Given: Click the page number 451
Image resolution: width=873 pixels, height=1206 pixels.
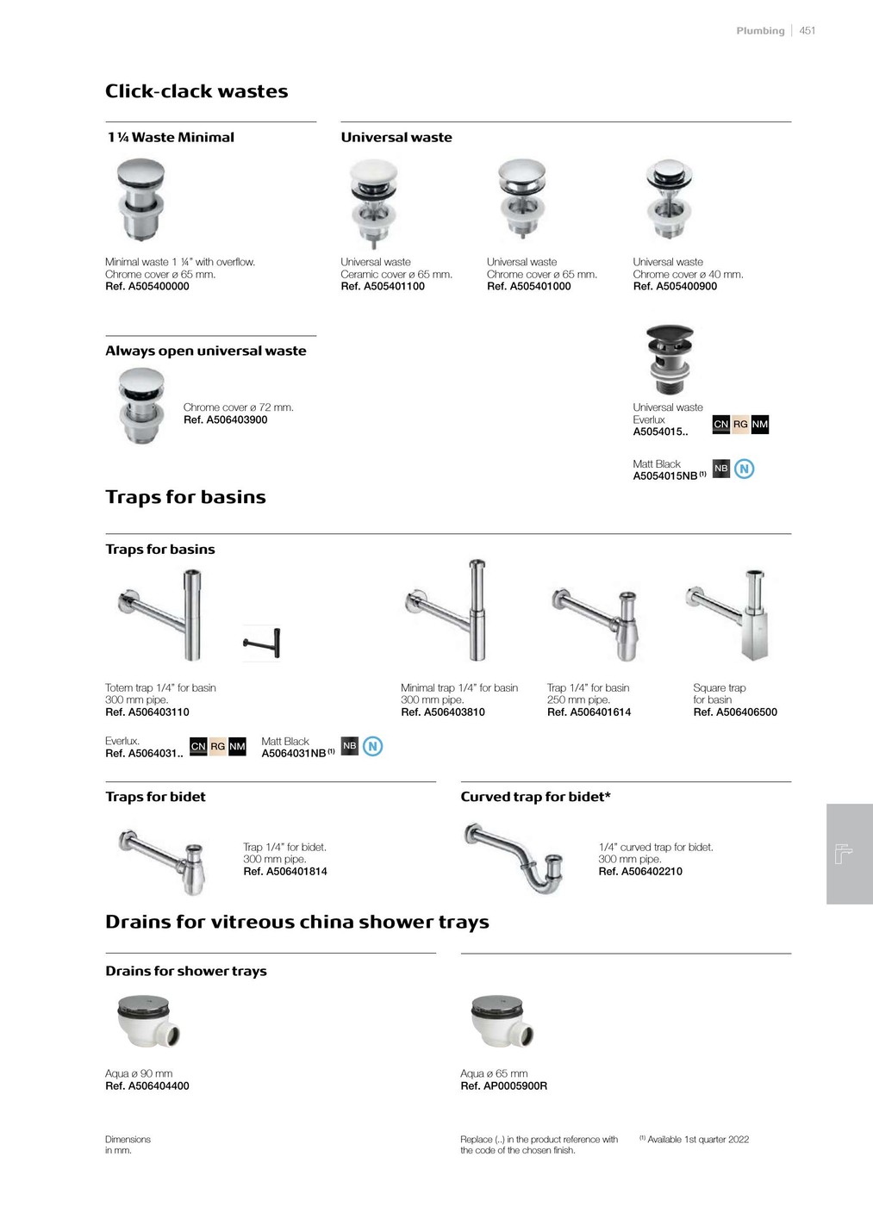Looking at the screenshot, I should pyautogui.click(x=808, y=30).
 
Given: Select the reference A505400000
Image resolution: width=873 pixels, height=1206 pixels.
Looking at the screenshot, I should pyautogui.click(x=147, y=287).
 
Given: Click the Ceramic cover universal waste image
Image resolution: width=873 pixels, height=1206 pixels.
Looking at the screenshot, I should pyautogui.click(x=374, y=204).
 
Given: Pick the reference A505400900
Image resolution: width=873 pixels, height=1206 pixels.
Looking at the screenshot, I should pyautogui.click(x=675, y=287).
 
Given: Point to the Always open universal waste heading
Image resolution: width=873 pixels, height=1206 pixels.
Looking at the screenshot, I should pyautogui.click(x=206, y=351).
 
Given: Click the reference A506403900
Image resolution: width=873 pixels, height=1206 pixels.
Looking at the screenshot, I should pyautogui.click(x=225, y=420).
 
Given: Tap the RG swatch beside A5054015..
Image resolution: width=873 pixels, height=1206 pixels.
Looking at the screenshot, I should pyautogui.click(x=740, y=424).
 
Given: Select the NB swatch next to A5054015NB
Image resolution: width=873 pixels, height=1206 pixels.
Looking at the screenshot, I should pyautogui.click(x=721, y=469).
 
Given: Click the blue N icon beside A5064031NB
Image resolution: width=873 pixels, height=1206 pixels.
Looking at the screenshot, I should pyautogui.click(x=372, y=746).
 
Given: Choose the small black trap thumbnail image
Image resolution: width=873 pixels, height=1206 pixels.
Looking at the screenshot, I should pyautogui.click(x=262, y=643).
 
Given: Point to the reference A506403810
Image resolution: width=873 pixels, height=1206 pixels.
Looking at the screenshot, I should pyautogui.click(x=443, y=712).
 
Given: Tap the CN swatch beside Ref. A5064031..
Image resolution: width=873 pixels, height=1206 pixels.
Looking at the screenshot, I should pyautogui.click(x=198, y=746).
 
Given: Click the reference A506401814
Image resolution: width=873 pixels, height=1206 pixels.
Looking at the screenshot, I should pyautogui.click(x=285, y=872).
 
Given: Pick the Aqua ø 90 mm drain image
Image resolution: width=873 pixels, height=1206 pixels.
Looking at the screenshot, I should pyautogui.click(x=148, y=1021).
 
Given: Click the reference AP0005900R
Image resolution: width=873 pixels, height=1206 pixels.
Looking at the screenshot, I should pyautogui.click(x=503, y=1086).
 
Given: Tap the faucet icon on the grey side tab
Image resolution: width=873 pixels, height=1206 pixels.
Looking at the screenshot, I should pyautogui.click(x=845, y=854).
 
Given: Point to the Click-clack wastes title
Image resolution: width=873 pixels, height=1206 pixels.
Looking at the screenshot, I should pyautogui.click(x=196, y=91).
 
